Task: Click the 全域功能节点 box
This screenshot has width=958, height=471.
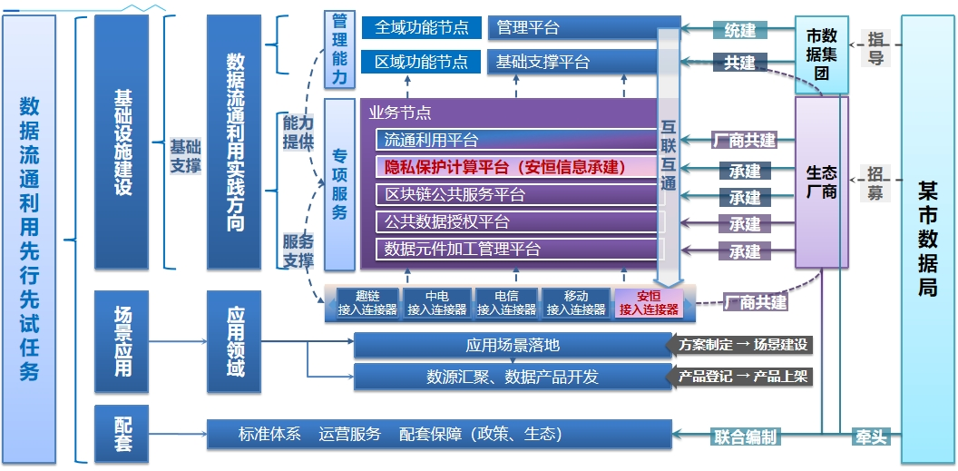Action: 422,27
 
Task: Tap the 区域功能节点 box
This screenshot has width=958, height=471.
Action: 422,62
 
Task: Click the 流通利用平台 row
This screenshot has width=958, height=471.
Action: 517,141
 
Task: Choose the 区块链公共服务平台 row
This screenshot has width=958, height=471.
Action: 517,194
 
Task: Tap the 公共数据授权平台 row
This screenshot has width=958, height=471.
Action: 517,221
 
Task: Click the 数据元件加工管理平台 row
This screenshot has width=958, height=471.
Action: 517,249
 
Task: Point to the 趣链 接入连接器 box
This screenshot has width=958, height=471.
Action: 367,303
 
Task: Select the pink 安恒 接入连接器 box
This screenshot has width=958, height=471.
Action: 649,303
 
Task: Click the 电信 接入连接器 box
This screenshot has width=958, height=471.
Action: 506,303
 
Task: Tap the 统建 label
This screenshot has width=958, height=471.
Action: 739,30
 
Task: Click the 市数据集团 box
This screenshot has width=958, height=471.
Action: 821,54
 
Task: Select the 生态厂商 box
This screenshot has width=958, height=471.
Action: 821,182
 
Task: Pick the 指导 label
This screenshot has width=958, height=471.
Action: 875,48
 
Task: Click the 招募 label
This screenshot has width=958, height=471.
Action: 875,182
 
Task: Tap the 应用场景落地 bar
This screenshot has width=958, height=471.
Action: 513,345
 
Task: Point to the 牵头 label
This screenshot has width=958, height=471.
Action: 870,437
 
